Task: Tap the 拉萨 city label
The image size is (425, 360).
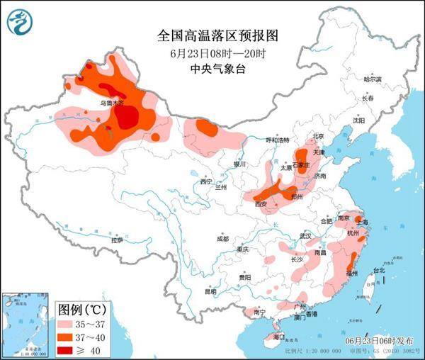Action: click(117, 240)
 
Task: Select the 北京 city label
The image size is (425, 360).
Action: click(318, 136)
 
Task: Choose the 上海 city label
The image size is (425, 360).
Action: click(362, 222)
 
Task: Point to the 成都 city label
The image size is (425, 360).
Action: click(223, 238)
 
